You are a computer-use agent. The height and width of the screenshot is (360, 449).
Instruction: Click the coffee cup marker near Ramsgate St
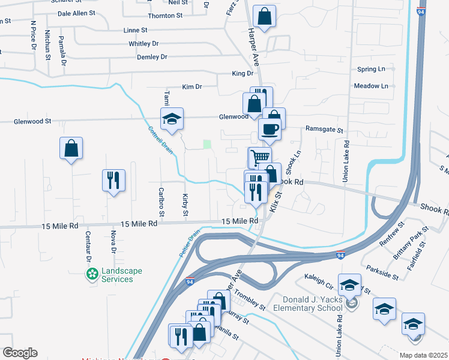pyautogui.click(x=270, y=128)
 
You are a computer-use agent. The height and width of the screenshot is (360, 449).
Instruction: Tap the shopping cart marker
pyautogui.click(x=259, y=158)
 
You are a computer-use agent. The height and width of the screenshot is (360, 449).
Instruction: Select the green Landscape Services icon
pyautogui.click(x=92, y=275)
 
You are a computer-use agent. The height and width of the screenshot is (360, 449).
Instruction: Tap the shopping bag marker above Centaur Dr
pyautogui.click(x=71, y=148)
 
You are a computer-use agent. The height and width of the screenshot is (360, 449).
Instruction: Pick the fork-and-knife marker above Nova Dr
pyautogui.click(x=113, y=179)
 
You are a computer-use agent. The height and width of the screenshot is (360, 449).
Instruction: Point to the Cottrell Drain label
pyautogui.click(x=160, y=140)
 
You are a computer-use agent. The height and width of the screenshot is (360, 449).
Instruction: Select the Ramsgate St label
pyautogui.click(x=324, y=130)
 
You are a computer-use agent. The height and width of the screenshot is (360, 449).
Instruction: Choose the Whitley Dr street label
pyautogui.click(x=143, y=44)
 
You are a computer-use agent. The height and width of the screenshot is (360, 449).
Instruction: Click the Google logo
pyautogui.click(x=19, y=353)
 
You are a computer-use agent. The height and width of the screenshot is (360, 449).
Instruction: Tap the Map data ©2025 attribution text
pyautogui.click(x=423, y=355)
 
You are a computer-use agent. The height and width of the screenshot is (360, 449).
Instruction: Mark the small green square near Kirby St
pyautogui.click(x=207, y=144)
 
